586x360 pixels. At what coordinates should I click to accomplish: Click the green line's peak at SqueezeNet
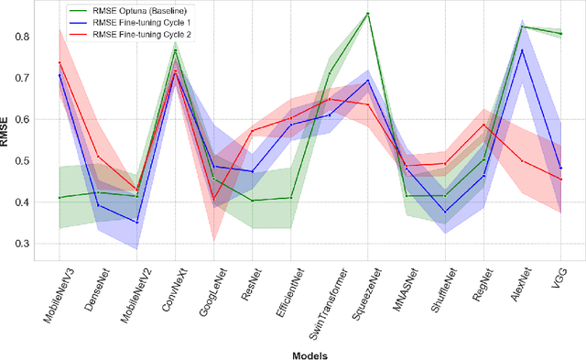(x=367, y=14)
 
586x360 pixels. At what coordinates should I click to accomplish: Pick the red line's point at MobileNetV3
(x=60, y=63)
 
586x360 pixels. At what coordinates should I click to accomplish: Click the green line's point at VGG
(x=560, y=34)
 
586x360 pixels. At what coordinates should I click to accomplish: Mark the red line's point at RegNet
(x=483, y=125)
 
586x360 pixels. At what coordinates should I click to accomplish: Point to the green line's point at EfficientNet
(x=290, y=198)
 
